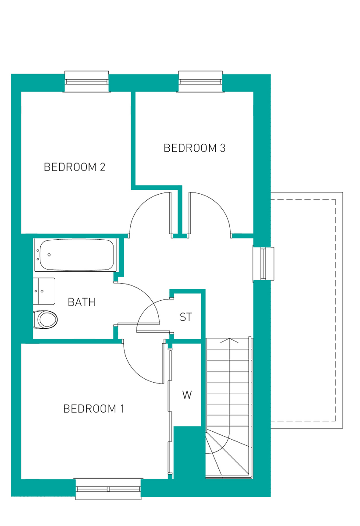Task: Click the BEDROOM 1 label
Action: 94,409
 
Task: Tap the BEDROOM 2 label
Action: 75,167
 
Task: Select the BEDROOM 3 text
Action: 194,148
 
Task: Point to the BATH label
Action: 82,302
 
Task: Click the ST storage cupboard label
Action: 186,317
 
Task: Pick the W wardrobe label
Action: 187,395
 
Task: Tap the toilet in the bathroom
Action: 46,319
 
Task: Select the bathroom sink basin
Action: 44,291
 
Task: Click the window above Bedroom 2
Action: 86,82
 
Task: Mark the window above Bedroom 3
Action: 200,82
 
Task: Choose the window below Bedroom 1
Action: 108,489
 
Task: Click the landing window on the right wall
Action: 264,263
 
